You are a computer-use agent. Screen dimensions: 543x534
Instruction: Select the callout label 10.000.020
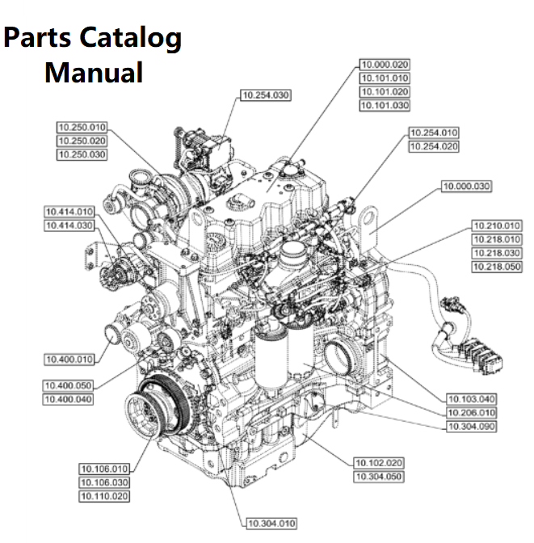tap(385, 65)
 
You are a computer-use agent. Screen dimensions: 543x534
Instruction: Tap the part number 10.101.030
tap(385, 106)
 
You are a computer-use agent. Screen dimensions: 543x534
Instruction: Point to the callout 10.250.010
tap(82, 127)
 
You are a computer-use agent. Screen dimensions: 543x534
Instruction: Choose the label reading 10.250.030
tap(82, 154)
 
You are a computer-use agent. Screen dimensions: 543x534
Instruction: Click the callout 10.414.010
tap(69, 212)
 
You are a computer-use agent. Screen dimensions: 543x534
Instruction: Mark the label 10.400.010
tap(69, 359)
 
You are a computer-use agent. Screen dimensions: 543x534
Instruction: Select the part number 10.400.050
tap(69, 386)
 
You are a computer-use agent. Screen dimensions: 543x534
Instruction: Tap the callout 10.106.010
tap(104, 469)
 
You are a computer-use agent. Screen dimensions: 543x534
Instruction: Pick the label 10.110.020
tap(104, 496)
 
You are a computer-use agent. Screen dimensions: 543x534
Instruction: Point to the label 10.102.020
tap(378, 463)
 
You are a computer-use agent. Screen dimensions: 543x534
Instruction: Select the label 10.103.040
tap(472, 399)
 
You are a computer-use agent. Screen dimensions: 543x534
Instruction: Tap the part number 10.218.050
tap(497, 267)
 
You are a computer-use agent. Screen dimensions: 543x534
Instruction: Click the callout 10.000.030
tap(466, 187)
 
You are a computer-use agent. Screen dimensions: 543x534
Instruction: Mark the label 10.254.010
tap(434, 133)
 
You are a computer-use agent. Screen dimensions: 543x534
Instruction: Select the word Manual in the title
tap(94, 73)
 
